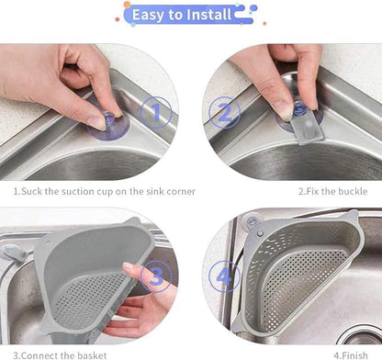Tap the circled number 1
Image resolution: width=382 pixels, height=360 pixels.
pyautogui.click(x=158, y=114)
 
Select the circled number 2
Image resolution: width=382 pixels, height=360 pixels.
pyautogui.click(x=223, y=114)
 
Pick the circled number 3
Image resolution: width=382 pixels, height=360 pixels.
pyautogui.click(x=157, y=276)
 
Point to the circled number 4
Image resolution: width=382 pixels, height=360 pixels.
pyautogui.click(x=225, y=276)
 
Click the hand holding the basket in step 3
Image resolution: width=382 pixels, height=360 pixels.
pyautogui.click(x=138, y=298)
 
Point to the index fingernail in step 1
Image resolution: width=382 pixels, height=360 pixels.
pyautogui.click(x=95, y=120)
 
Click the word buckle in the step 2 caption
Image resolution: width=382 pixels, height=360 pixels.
pyautogui.click(x=351, y=192)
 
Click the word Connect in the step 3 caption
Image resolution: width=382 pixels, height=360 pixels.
pyautogui.click(x=41, y=354)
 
